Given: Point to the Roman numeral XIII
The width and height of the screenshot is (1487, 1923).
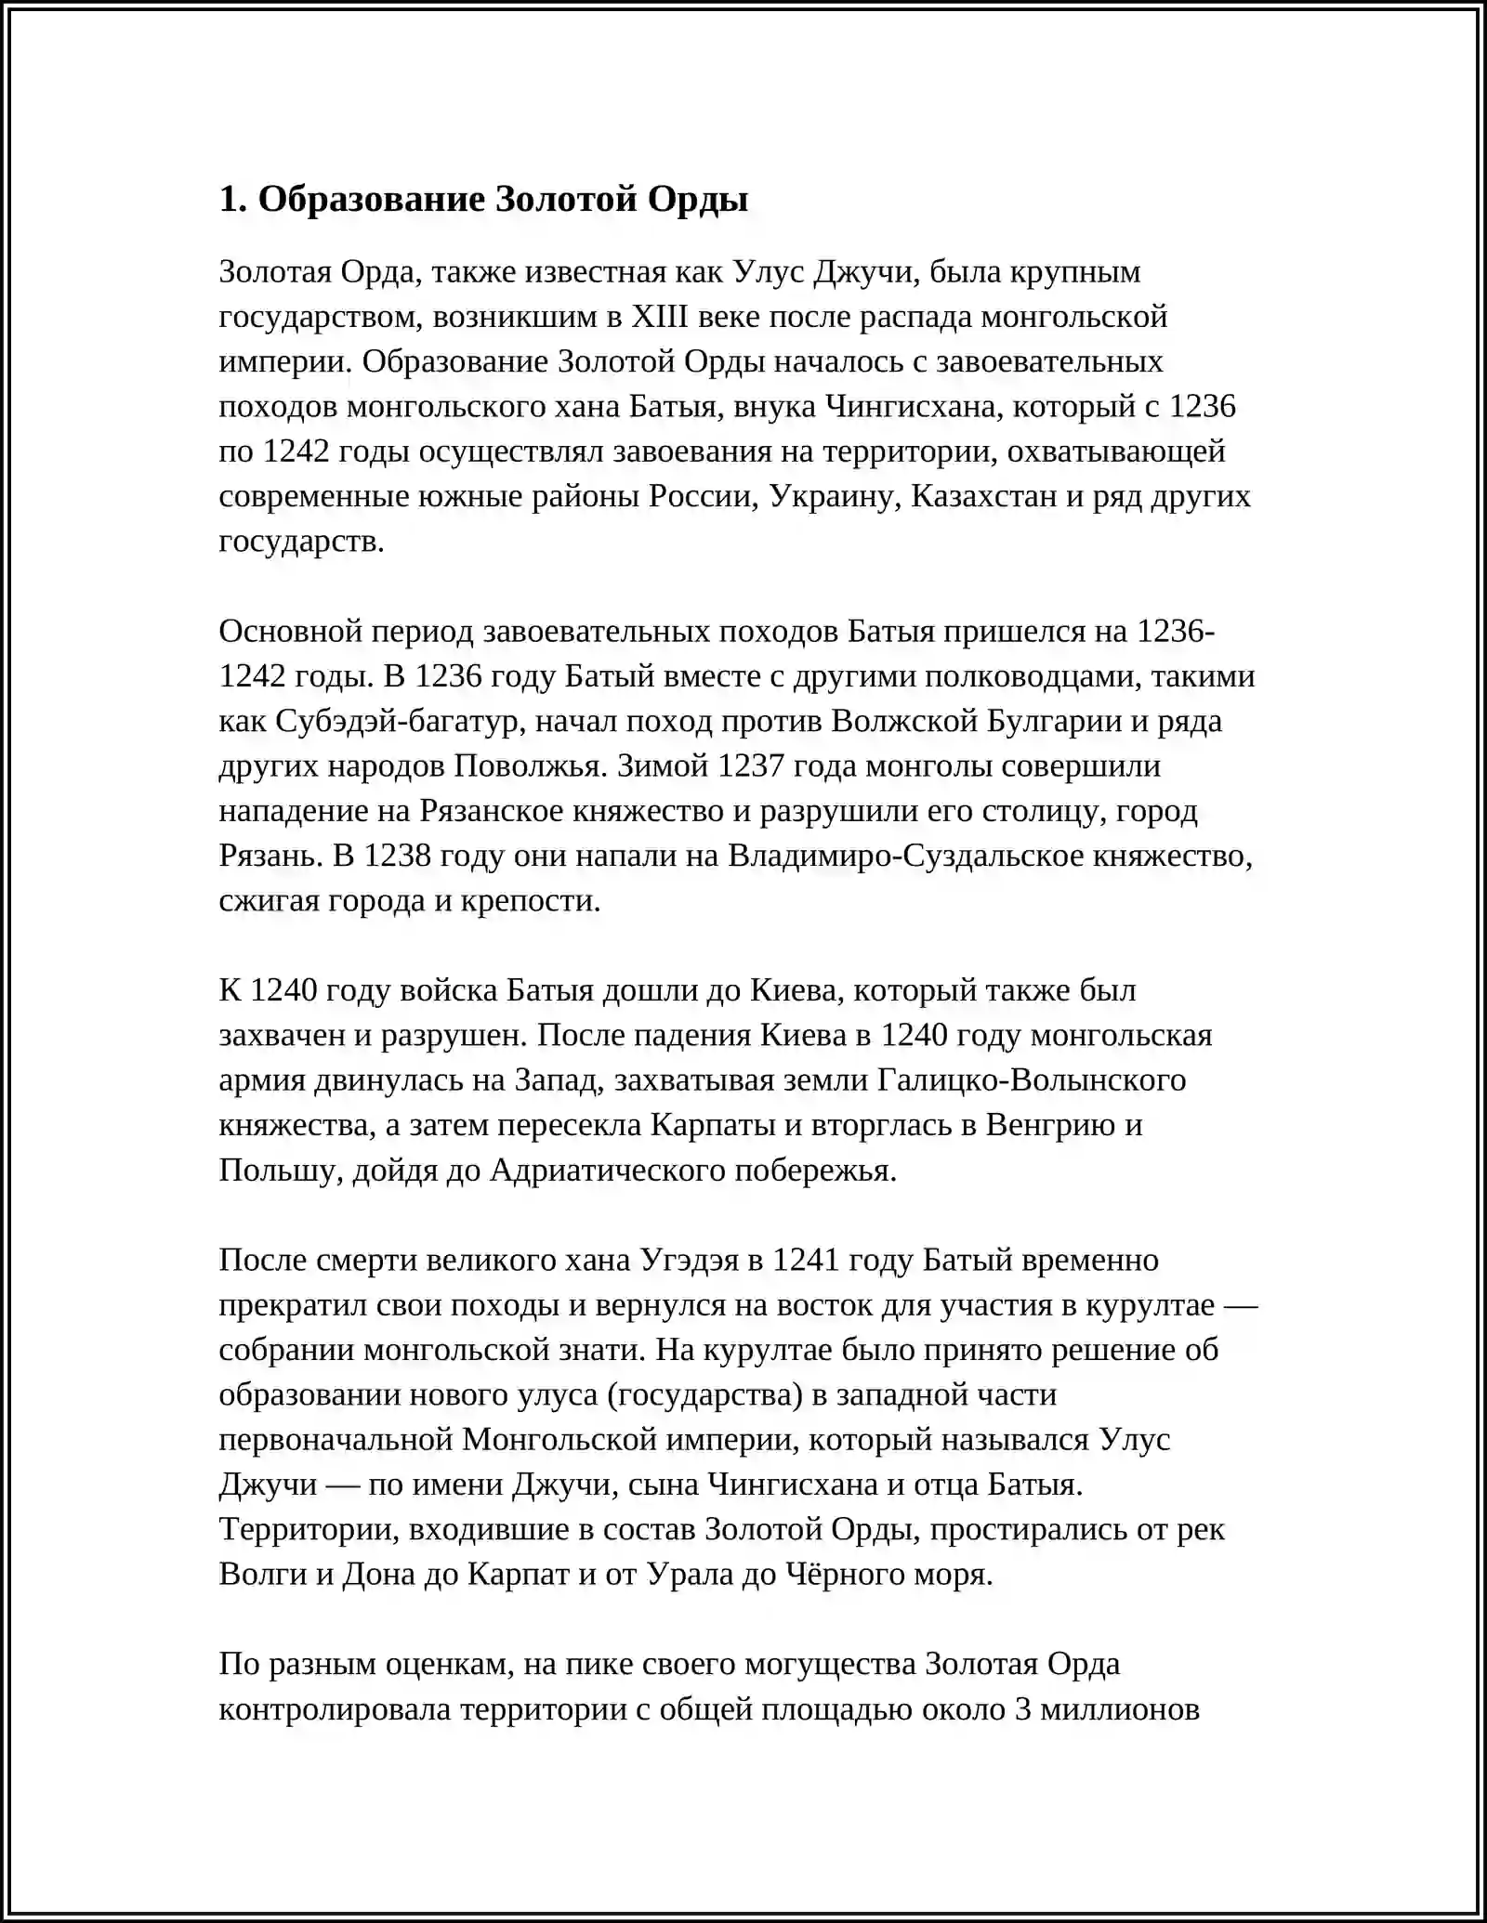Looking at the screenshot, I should pyautogui.click(x=659, y=317).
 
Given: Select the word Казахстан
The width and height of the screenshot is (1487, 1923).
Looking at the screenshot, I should pyautogui.click(x=983, y=496).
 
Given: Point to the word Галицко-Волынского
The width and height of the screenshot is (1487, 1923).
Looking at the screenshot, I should pyautogui.click(x=1031, y=1080).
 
